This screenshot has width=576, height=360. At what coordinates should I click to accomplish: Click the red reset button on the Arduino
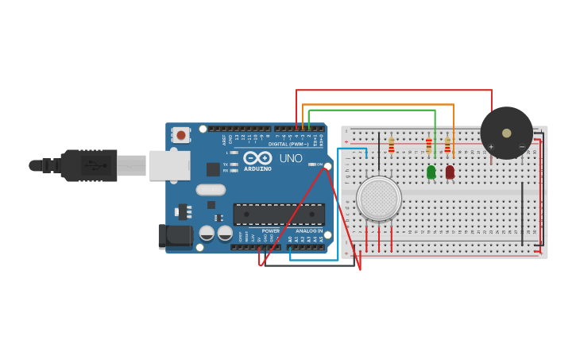[181, 135]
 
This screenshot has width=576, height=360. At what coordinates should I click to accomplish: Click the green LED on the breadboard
[431, 172]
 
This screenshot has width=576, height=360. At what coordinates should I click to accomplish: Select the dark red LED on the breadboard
[450, 172]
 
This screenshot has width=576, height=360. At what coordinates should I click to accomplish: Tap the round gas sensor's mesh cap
[379, 198]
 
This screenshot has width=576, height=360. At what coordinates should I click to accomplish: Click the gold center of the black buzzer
[507, 133]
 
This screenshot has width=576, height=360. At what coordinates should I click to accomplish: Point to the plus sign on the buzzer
[491, 146]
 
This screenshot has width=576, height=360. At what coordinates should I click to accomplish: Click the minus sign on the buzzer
[521, 146]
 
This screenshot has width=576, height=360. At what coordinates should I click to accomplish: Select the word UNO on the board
[291, 158]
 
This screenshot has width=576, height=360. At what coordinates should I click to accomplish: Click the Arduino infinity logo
[257, 158]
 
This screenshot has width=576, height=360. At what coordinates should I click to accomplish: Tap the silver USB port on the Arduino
[169, 165]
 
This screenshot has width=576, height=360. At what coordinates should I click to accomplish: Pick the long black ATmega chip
[278, 214]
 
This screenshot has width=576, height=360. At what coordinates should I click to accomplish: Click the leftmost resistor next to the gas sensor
[391, 145]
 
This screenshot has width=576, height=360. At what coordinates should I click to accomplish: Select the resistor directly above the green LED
[429, 145]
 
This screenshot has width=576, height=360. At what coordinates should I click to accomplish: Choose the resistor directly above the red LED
[447, 145]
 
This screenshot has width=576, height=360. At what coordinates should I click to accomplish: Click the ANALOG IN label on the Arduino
[309, 230]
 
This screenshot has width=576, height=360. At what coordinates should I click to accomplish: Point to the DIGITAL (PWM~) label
[288, 144]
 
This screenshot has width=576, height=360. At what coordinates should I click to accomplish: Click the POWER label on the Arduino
[271, 230]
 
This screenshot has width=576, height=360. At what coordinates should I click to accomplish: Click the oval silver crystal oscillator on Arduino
[211, 190]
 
